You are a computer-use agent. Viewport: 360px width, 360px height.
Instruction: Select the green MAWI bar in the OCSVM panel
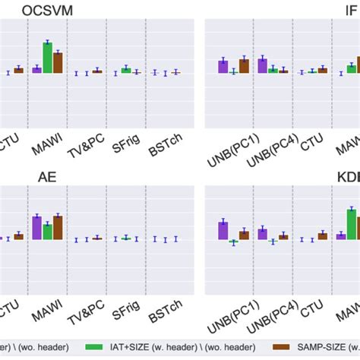[47, 58]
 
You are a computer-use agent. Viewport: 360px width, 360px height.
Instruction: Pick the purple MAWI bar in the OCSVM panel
[36, 70]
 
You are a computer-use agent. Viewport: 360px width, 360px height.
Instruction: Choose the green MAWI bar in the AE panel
[47, 232]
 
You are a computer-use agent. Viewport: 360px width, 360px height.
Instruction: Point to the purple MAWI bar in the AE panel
[36, 228]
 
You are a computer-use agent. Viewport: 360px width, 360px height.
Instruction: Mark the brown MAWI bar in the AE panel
[58, 228]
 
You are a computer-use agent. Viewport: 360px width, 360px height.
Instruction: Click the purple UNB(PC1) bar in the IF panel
[223, 67]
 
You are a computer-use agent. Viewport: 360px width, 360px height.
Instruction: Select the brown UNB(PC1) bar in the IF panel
[244, 66]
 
